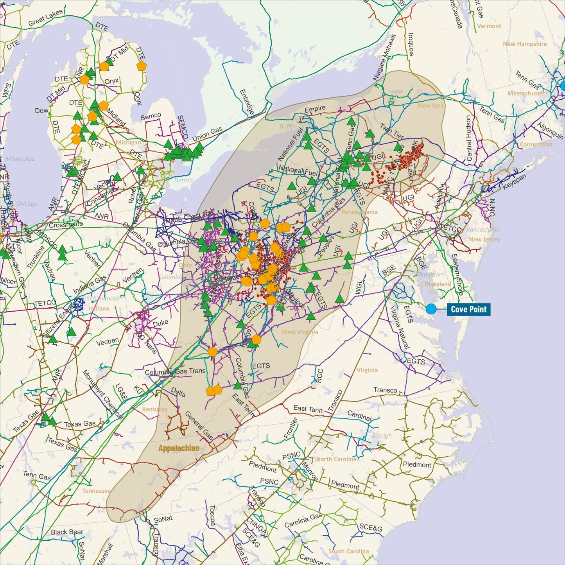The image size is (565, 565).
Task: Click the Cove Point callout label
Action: tap(468, 309)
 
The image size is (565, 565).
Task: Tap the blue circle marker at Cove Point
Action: tap(431, 309)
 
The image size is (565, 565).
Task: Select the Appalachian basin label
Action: tap(179, 448)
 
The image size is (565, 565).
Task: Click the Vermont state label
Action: tap(489, 26)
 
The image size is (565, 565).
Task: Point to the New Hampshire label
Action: tap(525, 44)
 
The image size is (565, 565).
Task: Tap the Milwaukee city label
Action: tap(20, 158)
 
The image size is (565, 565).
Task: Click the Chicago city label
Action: tap(27, 203)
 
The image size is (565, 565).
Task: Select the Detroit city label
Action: tap(183, 180)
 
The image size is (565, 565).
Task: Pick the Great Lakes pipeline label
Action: tap(45, 18)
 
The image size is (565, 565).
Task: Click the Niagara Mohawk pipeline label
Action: tap(385, 57)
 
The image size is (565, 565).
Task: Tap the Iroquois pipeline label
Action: tap(411, 45)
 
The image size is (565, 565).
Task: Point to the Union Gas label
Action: tap(207, 134)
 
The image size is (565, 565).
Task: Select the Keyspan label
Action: tap(514, 182)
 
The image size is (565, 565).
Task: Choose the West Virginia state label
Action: tap(300, 332)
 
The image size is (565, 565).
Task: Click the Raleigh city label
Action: tap(382, 435)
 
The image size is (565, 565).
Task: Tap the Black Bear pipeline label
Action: tap(67, 532)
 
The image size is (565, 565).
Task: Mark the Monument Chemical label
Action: tap(102, 395)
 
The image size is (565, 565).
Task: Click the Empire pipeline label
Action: tap(315, 109)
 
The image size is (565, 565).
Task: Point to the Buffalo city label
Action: tap(289, 126)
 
